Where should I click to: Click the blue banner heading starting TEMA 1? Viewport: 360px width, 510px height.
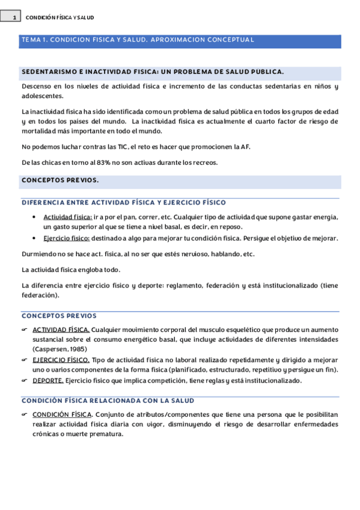pyautogui.click(x=137, y=40)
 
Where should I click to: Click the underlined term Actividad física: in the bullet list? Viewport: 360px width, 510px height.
pyautogui.click(x=67, y=217)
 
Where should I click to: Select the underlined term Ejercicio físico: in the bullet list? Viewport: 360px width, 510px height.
pyautogui.click(x=66, y=238)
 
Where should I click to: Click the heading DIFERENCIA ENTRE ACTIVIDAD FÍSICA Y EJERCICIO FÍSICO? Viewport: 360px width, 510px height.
pyautogui.click(x=123, y=202)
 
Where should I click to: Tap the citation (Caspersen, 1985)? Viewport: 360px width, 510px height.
pyautogui.click(x=62, y=348)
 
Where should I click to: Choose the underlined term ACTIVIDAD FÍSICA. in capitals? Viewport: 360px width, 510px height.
pyautogui.click(x=61, y=330)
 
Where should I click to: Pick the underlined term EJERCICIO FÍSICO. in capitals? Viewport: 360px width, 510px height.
pyautogui.click(x=61, y=360)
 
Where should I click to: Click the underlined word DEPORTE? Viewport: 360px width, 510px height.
pyautogui.click(x=47, y=380)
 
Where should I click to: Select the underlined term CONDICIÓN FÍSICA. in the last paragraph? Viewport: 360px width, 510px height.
pyautogui.click(x=62, y=414)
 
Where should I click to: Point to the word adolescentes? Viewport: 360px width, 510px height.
pyautogui.click(x=42, y=96)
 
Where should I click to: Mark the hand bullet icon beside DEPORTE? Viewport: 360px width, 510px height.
pyautogui.click(x=25, y=380)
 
